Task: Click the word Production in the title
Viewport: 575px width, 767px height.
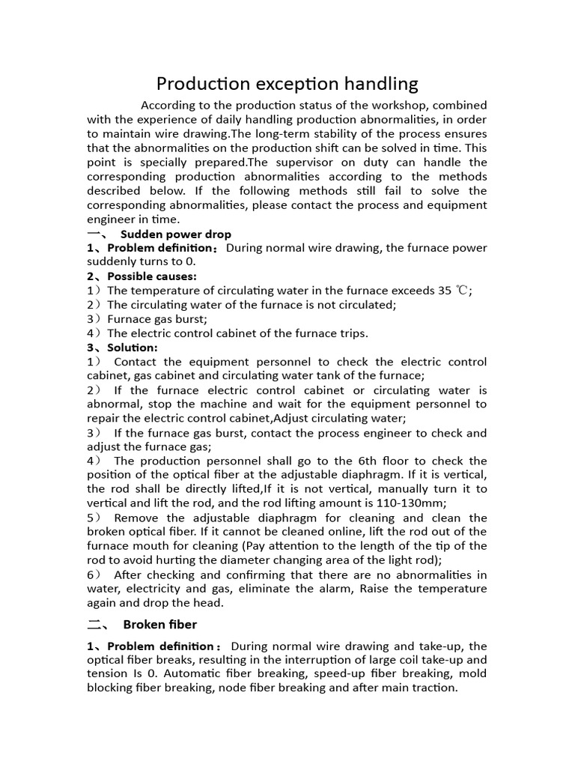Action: pos(201,83)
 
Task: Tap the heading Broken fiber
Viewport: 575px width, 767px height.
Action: pos(160,624)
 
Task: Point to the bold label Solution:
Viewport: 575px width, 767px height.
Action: pos(133,348)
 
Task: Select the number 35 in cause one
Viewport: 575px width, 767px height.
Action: pos(445,291)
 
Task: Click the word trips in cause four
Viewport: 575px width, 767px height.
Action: pos(352,333)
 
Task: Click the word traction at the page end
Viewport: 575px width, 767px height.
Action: pos(433,687)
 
